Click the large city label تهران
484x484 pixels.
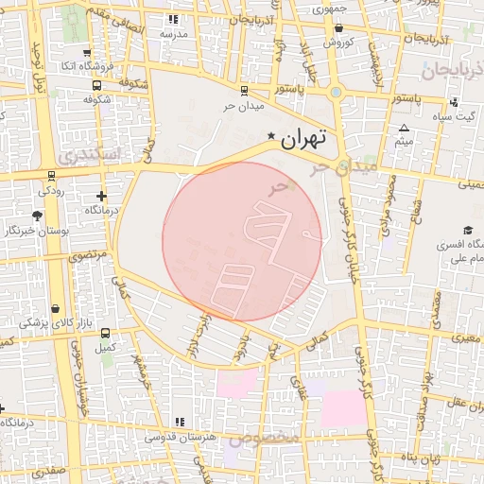[x=304, y=138]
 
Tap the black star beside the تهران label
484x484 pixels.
[x=272, y=136]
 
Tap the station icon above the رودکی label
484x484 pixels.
[x=50, y=174]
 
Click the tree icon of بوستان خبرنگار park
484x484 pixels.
[x=37, y=216]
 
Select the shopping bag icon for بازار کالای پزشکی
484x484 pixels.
[x=57, y=308]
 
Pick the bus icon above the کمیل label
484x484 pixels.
[x=104, y=333]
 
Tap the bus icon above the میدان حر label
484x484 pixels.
[x=244, y=91]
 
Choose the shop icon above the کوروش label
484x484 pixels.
[x=338, y=28]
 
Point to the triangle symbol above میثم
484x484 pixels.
[x=405, y=128]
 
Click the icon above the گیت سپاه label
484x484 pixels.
[x=456, y=103]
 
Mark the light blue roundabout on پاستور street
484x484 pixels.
[x=336, y=93]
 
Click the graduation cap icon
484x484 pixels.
[x=467, y=230]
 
